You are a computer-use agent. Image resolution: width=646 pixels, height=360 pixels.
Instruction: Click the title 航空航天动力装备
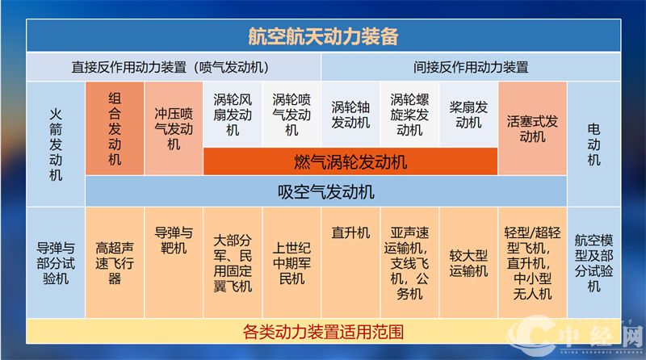click(x=323, y=36)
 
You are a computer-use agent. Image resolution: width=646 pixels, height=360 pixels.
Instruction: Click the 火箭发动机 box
click(x=55, y=142)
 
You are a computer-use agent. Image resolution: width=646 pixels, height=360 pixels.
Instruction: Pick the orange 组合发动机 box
click(x=115, y=129)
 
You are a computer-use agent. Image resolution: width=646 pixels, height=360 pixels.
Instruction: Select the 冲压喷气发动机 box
click(x=174, y=129)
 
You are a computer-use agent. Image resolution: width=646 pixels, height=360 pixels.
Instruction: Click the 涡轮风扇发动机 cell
click(x=233, y=114)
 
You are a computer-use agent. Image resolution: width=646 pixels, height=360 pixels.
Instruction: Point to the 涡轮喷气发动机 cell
click(x=292, y=114)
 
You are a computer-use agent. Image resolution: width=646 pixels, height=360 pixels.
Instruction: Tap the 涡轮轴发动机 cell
click(x=350, y=114)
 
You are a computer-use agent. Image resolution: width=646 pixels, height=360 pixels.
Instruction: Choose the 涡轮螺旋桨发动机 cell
click(x=409, y=114)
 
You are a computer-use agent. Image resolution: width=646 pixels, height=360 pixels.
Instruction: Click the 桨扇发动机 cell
click(x=468, y=114)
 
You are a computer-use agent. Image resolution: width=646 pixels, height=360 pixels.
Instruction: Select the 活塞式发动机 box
click(x=532, y=129)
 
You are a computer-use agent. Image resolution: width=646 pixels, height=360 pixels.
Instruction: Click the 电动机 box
click(x=594, y=142)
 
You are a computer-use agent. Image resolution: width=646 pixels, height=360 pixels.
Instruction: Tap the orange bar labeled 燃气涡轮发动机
click(x=350, y=161)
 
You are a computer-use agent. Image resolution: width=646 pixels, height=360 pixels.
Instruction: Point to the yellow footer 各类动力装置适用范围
click(x=323, y=331)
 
